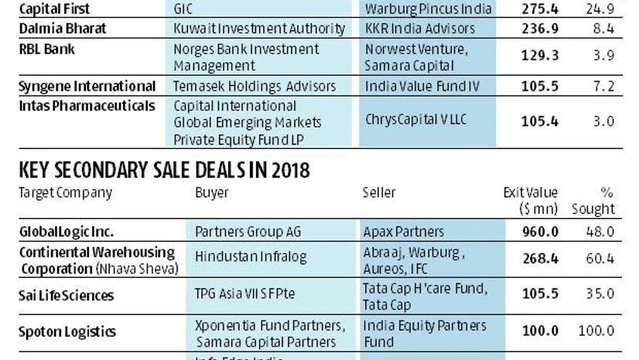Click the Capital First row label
tap(54, 9)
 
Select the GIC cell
tap(186, 9)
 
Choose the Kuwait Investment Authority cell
tap(259, 29)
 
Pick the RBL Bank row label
tap(48, 49)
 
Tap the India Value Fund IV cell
tap(421, 86)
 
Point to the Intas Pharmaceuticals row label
tap(87, 105)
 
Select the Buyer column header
tap(211, 192)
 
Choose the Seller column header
tap(379, 192)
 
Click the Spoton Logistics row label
tap(67, 332)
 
